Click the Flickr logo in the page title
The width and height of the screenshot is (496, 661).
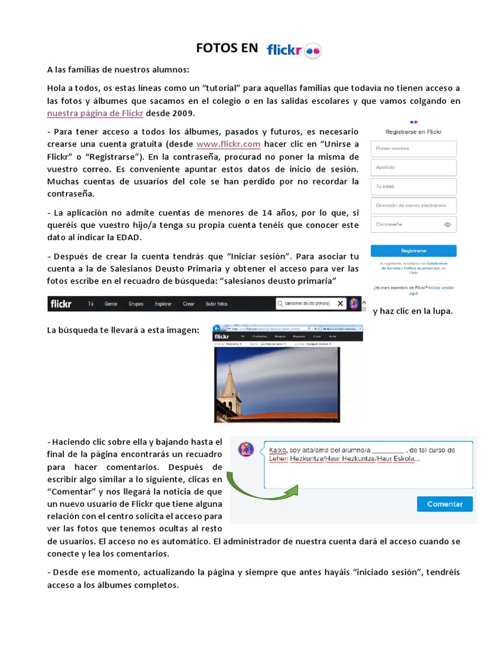[294, 50]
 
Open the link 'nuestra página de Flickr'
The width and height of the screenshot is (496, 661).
[96, 113]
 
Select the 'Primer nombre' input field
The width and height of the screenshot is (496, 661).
[413, 148]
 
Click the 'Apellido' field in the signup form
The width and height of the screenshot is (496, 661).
[413, 168]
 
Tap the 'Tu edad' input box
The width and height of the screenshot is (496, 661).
[413, 187]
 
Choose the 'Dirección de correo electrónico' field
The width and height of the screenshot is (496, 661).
[413, 206]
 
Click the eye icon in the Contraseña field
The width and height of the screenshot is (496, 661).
[448, 225]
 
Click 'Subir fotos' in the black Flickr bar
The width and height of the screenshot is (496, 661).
[216, 303]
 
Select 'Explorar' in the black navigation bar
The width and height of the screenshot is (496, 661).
[163, 303]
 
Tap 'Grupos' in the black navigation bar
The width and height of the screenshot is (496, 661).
[136, 303]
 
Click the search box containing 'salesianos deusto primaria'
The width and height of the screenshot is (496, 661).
[306, 303]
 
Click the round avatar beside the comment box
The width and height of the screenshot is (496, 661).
[245, 449]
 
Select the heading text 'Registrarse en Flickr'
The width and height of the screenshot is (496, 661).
[413, 131]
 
